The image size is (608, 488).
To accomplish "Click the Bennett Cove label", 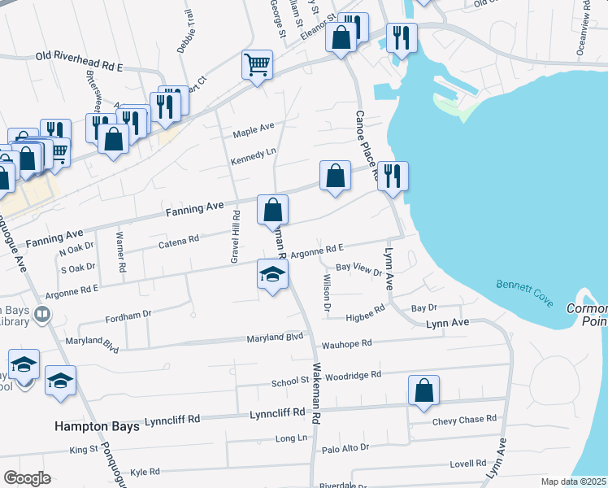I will [x=524, y=294].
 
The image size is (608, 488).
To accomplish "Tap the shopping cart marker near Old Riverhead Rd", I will [x=257, y=64].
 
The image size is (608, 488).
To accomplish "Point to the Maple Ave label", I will [x=254, y=129].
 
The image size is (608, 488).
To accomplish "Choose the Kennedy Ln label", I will [x=254, y=154].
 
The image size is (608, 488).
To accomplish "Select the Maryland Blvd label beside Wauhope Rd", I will [x=275, y=337].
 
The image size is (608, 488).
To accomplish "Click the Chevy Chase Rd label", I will [x=464, y=420].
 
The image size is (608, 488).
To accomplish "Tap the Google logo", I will [x=27, y=478].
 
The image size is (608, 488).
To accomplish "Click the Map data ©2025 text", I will [x=573, y=481].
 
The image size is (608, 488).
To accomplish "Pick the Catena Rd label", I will [x=179, y=241].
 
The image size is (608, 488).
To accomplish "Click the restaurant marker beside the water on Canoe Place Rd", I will [x=393, y=176].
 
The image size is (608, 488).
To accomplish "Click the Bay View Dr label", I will [x=358, y=268].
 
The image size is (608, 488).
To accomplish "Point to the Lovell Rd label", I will [x=468, y=464].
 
